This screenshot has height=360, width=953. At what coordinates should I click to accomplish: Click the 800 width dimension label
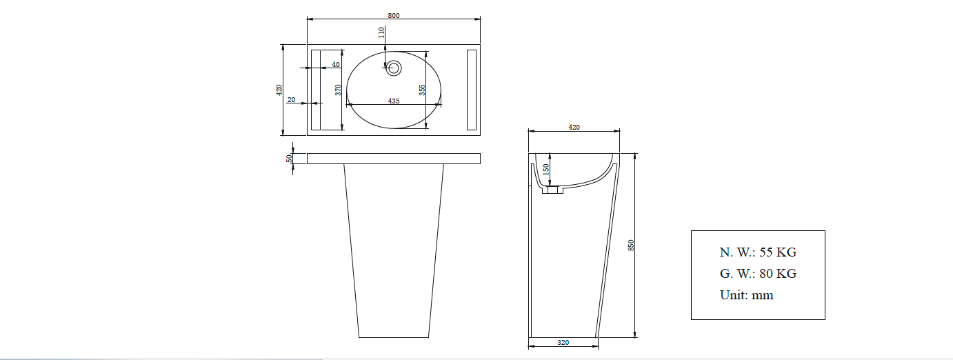pos(394,15)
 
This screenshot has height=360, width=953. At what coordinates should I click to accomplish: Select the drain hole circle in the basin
pos(394,68)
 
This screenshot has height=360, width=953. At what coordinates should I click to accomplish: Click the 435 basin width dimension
pos(393,101)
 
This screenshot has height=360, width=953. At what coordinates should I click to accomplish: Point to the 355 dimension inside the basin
pos(421,90)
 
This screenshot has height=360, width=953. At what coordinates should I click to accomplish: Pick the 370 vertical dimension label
pos(338,90)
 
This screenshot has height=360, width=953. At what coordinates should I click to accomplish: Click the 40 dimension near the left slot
pos(336,64)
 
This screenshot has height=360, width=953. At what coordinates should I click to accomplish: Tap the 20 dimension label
pos(291,100)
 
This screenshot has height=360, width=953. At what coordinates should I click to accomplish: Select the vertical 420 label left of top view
pos(279,90)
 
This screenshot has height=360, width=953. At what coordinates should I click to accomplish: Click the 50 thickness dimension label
pos(290,158)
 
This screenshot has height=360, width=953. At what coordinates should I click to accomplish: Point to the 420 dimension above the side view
pos(573,127)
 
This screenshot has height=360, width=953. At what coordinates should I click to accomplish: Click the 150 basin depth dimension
pos(545,168)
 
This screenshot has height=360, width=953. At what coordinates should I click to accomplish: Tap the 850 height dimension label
pos(630,245)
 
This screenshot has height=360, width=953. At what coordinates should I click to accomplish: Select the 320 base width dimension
pos(563,342)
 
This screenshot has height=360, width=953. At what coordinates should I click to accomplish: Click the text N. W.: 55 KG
pos(758,252)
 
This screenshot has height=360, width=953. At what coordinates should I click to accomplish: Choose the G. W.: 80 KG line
pos(758,274)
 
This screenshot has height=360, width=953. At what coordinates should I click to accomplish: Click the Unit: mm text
pos(746,295)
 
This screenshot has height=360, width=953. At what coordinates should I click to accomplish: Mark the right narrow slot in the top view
pos(472,90)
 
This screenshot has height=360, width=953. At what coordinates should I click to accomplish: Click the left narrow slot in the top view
pos(317,90)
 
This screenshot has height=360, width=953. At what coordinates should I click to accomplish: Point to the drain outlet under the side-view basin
pos(552,190)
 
